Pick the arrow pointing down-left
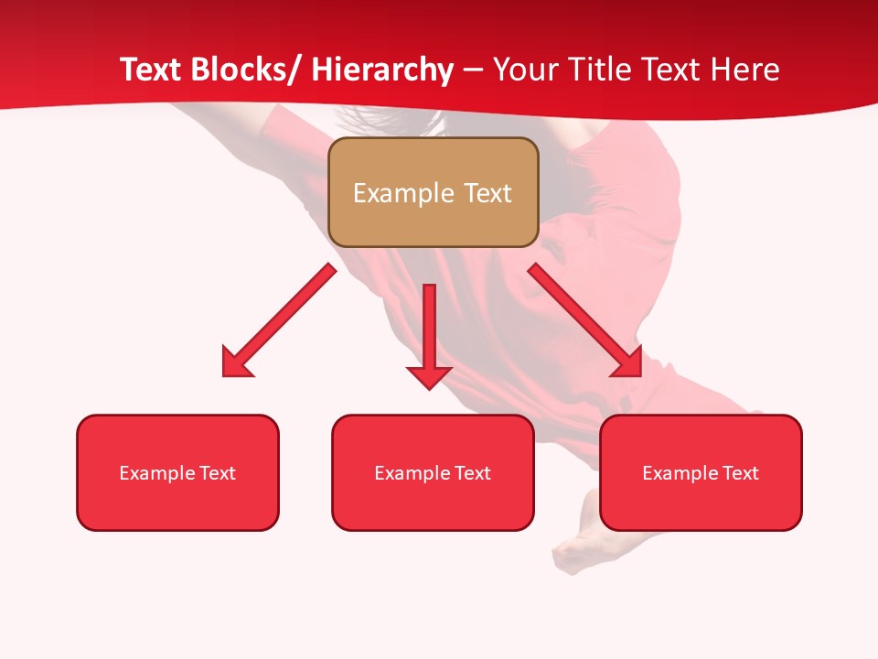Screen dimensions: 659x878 pyautogui.click(x=280, y=320)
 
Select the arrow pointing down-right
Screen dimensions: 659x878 pyautogui.click(x=585, y=320)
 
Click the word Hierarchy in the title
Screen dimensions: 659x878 pyautogui.click(x=382, y=70)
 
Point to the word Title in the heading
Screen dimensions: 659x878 pyautogui.click(x=598, y=70)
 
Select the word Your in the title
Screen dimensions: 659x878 pyautogui.click(x=524, y=70)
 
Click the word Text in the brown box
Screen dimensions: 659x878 pyautogui.click(x=486, y=193)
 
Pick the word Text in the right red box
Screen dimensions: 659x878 pyautogui.click(x=740, y=473)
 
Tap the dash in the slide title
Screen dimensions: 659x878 pyautogui.click(x=473, y=70)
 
